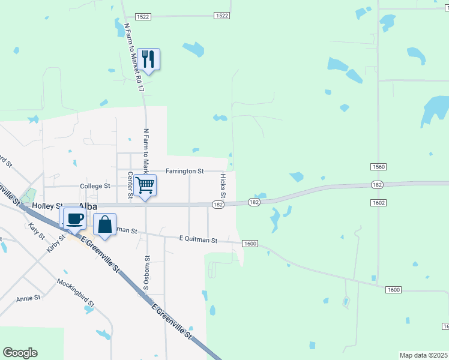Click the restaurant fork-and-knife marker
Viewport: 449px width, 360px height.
point(148,59)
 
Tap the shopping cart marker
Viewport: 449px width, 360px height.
point(145,184)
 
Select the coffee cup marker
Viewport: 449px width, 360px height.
point(74,218)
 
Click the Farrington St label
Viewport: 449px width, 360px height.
point(186,171)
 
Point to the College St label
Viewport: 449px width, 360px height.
point(95,186)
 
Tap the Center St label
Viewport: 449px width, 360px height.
point(130,184)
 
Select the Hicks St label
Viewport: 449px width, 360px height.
point(223,186)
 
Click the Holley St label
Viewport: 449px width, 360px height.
point(47,205)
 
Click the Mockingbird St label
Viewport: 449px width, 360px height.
point(76,292)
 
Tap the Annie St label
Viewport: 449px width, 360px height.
point(28,298)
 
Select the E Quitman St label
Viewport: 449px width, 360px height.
point(198,239)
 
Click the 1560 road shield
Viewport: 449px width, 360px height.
point(378,166)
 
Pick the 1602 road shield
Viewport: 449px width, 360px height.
point(378,203)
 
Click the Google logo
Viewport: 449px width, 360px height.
point(20,353)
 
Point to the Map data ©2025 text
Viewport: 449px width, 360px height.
point(424,355)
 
